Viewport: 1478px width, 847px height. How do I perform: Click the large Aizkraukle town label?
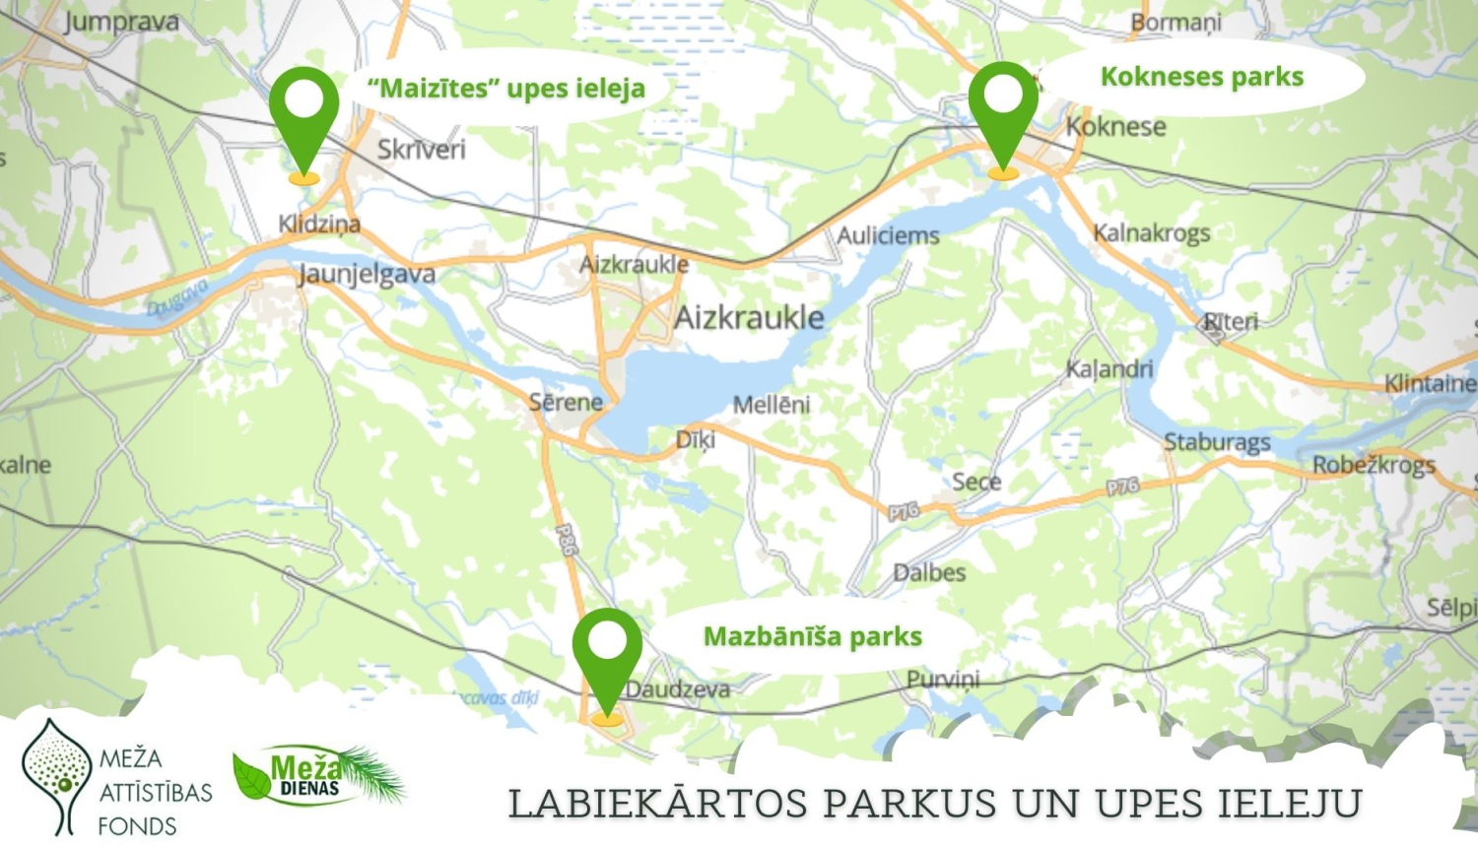click(749, 317)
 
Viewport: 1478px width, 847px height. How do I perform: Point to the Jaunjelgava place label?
click(367, 274)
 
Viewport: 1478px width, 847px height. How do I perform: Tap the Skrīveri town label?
click(421, 150)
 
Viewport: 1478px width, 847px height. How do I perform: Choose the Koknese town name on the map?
click(1116, 127)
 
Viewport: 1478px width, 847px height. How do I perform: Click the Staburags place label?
click(1217, 442)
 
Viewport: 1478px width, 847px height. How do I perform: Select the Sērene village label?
click(566, 402)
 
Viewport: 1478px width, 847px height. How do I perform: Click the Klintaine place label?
click(1430, 383)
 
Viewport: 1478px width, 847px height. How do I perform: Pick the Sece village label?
click(975, 482)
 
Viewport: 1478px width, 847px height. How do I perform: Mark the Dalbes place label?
click(929, 572)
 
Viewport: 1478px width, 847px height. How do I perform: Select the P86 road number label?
click(566, 540)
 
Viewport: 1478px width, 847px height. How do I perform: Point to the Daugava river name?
click(178, 297)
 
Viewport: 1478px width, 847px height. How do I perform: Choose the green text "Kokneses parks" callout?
click(1201, 77)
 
